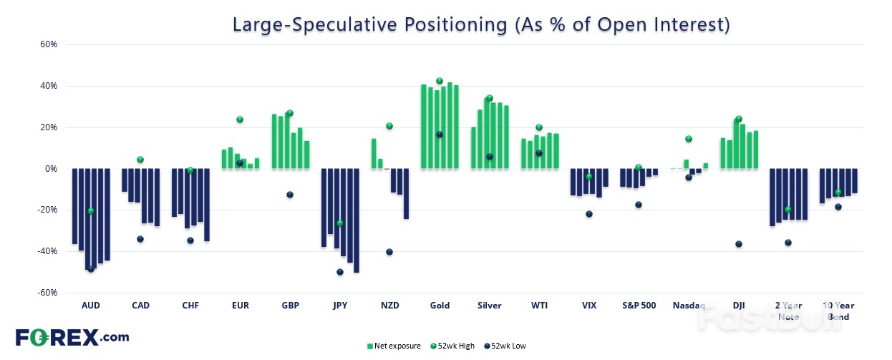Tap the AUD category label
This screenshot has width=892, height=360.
(x=91, y=305)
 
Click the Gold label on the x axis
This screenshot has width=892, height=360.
(x=440, y=305)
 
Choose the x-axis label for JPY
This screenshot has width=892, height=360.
(x=340, y=305)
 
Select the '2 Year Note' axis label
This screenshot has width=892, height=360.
(x=788, y=311)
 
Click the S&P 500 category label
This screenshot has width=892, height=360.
(x=639, y=305)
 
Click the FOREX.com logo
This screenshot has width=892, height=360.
(x=72, y=336)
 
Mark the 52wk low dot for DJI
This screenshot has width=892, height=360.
(x=739, y=244)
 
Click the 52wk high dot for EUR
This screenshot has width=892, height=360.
(x=240, y=120)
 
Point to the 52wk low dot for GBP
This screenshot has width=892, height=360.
(x=290, y=195)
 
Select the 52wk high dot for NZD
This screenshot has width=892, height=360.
(x=389, y=126)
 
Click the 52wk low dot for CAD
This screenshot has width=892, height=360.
(x=140, y=239)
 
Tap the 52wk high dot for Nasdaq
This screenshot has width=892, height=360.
(x=689, y=139)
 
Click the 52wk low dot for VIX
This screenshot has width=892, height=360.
(x=589, y=214)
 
